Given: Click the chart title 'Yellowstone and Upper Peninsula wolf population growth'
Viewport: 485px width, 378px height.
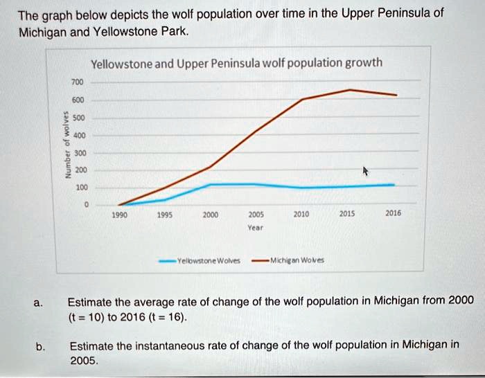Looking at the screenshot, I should pyautogui.click(x=236, y=63).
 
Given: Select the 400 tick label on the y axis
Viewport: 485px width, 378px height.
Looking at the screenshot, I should pyautogui.click(x=82, y=135).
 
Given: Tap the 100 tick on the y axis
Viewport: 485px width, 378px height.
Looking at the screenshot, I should pyautogui.click(x=82, y=188).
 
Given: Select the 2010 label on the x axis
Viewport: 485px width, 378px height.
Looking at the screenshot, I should pyautogui.click(x=302, y=215).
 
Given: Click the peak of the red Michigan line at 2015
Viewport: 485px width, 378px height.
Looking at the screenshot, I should pyautogui.click(x=351, y=90).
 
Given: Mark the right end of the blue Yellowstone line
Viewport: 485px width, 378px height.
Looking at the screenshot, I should pyautogui.click(x=394, y=185).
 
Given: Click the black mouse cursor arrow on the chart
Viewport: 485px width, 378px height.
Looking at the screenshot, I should pyautogui.click(x=367, y=170).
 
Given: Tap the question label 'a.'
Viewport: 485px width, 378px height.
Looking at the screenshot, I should pyautogui.click(x=39, y=300).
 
